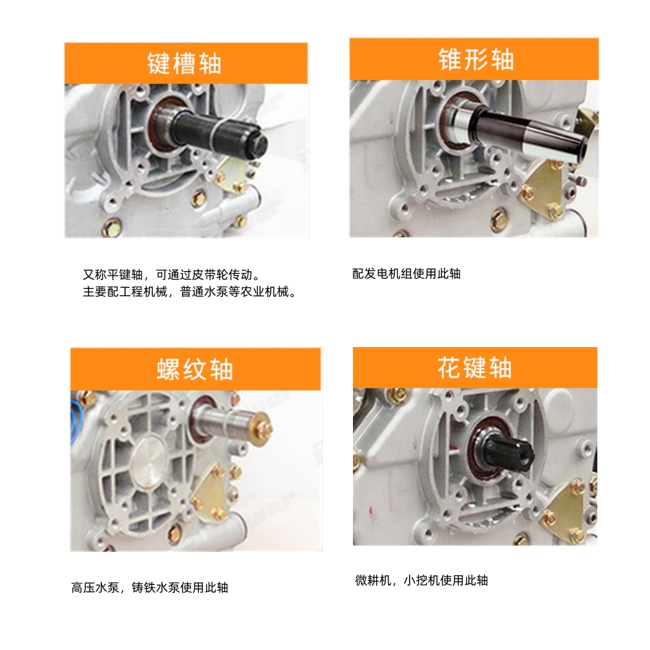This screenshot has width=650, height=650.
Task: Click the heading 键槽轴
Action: click(185, 64)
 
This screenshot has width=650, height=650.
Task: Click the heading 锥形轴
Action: click(476, 59)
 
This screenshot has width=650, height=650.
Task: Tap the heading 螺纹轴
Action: click(195, 369)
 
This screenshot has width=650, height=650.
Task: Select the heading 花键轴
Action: click(474, 367)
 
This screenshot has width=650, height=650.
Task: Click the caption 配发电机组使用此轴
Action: click(406, 274)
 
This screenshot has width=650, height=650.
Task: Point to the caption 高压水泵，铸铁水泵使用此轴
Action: click(149, 588)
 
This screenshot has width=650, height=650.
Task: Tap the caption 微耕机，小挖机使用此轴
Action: click(421, 580)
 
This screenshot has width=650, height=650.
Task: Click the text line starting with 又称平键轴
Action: click(172, 274)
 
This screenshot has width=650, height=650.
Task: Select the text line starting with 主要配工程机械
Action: click(190, 292)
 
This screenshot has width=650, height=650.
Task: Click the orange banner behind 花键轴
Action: click(475, 367)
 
